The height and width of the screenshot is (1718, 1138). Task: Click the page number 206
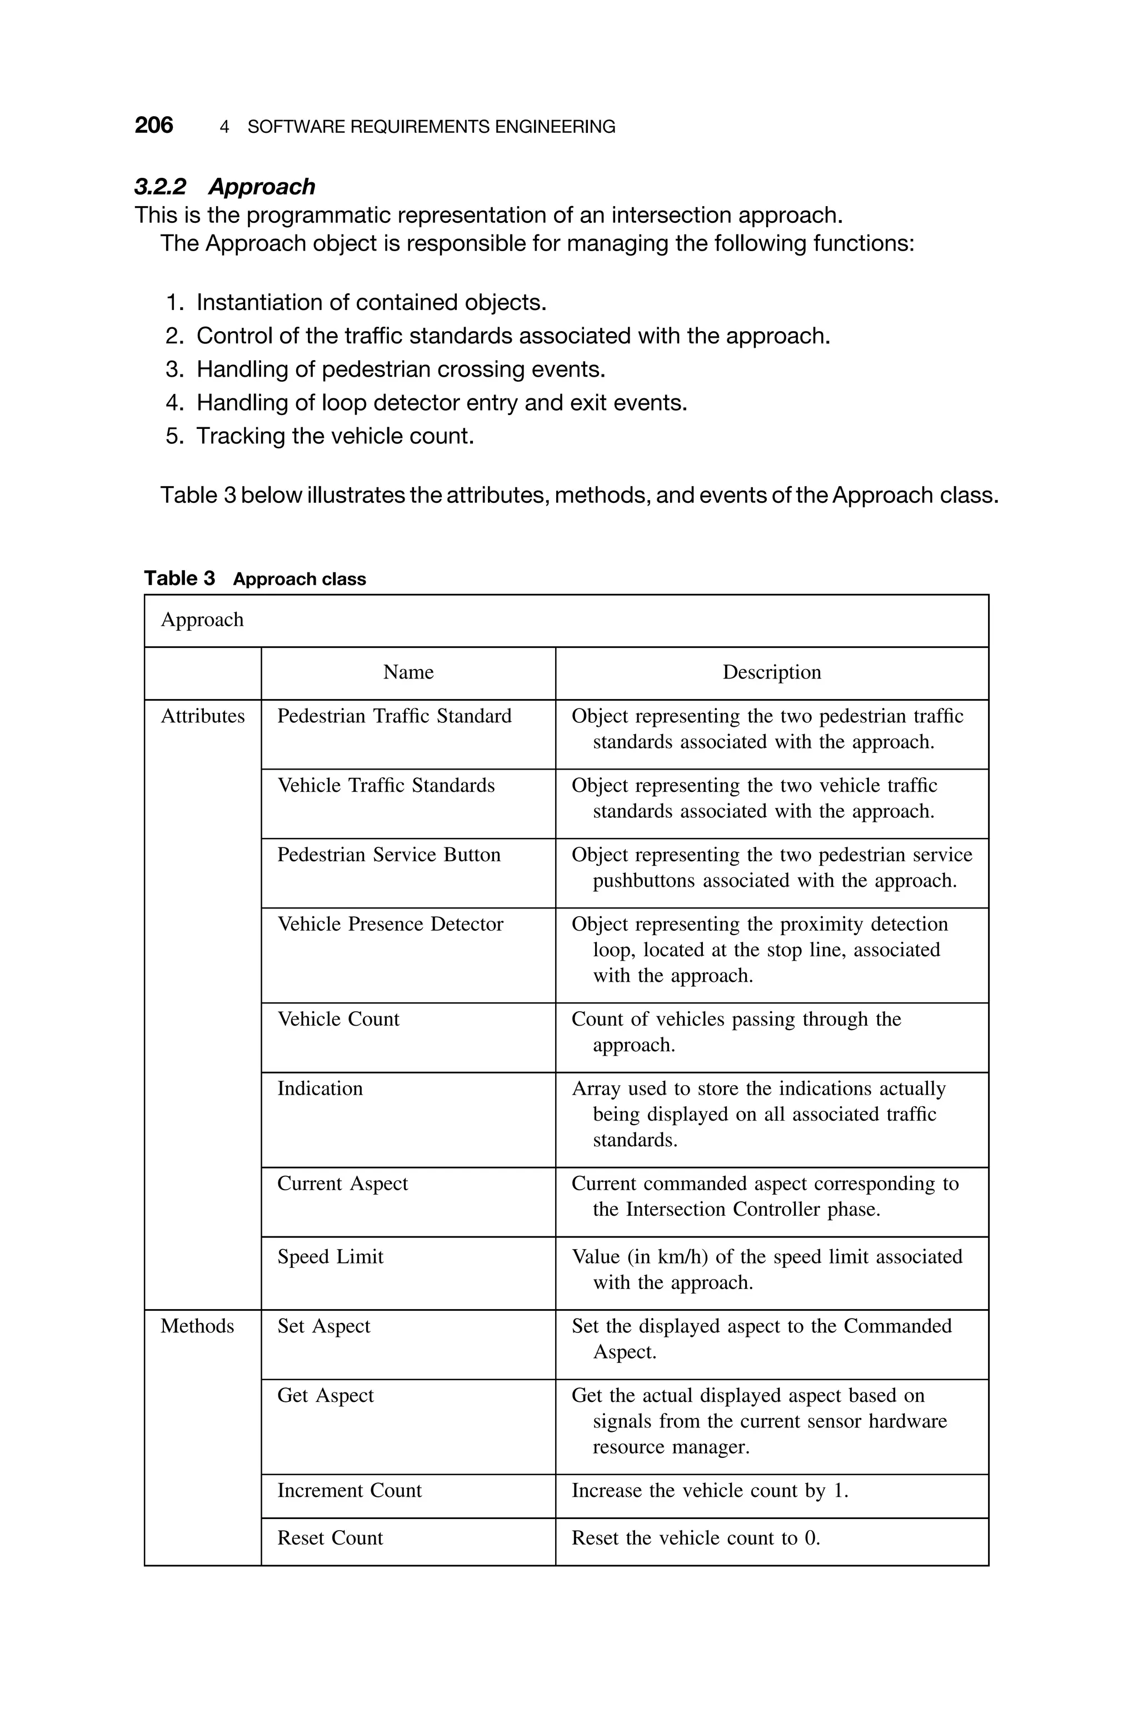[x=154, y=126]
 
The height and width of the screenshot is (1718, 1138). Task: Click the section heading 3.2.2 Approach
[x=224, y=187]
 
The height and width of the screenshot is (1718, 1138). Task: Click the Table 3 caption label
[x=254, y=578]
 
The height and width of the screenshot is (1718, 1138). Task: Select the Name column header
[x=408, y=672]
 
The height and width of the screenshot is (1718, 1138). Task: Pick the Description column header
[x=771, y=672]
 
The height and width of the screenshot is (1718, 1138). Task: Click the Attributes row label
[x=202, y=716]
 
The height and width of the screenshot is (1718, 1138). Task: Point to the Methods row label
[x=197, y=1326]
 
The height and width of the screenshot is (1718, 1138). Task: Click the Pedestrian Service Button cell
[x=389, y=855]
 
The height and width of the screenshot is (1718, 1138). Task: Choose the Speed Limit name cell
[x=330, y=1257]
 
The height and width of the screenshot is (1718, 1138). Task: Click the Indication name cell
[x=320, y=1088]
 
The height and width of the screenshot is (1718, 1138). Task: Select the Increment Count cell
[x=349, y=1490]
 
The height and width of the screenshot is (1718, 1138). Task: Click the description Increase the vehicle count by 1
[x=710, y=1490]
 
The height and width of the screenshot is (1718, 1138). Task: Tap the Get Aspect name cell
[x=325, y=1395]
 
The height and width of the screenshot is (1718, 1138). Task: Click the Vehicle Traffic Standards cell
[x=386, y=785]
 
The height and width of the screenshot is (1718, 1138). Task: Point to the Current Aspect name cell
[x=342, y=1183]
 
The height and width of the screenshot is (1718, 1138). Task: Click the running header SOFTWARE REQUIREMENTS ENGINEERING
[x=431, y=127]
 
